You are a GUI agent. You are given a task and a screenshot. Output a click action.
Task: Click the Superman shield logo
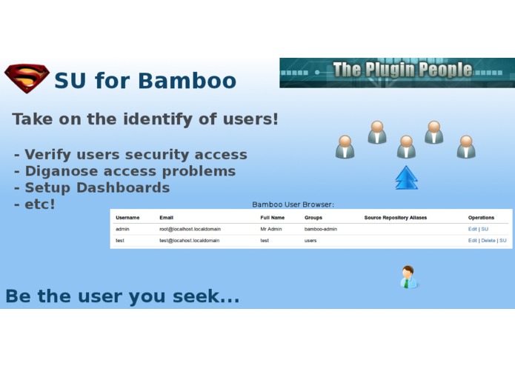coord(27,78)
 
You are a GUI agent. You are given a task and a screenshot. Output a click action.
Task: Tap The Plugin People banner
coord(396,72)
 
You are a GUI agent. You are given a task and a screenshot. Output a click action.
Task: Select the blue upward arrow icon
coord(406,178)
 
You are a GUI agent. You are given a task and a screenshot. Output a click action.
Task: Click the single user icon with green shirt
coord(408,277)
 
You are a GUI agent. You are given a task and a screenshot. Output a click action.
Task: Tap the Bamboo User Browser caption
coord(293,204)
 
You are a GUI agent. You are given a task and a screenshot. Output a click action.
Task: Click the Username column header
coord(127,218)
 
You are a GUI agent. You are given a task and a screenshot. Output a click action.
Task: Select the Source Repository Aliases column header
coord(395,218)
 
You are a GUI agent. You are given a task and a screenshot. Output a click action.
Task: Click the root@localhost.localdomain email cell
coord(189,230)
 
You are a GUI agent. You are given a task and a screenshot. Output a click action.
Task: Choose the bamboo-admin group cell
coord(320,230)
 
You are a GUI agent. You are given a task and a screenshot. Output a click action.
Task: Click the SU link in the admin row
coord(485,230)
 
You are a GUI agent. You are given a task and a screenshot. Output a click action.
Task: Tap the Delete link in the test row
coord(488,241)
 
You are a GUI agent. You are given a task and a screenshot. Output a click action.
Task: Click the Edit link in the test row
coord(472,241)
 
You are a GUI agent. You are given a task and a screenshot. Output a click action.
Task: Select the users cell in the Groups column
coord(310,241)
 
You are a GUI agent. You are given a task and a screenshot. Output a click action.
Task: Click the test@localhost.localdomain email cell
coord(189,241)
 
